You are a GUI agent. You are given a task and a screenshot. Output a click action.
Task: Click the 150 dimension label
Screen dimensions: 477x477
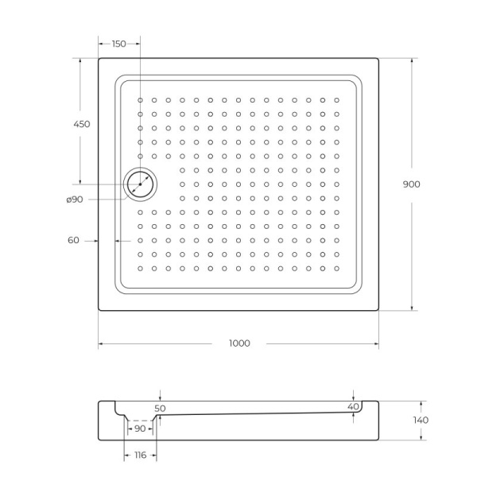(118, 44)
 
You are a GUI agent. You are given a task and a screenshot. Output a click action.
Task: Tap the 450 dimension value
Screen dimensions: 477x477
(81, 124)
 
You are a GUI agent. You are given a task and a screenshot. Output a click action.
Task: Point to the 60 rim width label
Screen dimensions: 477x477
(73, 240)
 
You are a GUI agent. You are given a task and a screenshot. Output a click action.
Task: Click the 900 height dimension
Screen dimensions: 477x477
(411, 184)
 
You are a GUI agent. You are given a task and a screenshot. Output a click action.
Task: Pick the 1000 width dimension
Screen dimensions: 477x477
(239, 343)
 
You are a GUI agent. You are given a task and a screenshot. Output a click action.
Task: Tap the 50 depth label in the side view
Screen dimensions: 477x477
(161, 408)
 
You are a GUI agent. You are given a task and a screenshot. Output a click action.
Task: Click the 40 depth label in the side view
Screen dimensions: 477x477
(354, 407)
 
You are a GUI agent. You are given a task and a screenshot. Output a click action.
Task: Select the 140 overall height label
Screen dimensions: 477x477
(421, 420)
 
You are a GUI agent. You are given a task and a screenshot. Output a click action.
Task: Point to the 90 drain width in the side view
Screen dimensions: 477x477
(140, 429)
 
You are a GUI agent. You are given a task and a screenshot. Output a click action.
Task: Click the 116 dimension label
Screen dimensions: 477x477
(140, 455)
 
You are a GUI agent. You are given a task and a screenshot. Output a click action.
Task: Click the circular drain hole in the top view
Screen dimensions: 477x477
(140, 184)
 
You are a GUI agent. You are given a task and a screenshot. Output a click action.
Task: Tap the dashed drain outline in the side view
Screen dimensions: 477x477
(140, 419)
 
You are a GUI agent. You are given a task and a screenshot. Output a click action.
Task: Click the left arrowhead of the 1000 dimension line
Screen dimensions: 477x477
(101, 344)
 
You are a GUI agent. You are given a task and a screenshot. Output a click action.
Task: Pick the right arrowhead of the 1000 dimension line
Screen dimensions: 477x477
(376, 344)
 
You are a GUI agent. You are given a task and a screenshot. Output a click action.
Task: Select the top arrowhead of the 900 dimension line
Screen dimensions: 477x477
(412, 60)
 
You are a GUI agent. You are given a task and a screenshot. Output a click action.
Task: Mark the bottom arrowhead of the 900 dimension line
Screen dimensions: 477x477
(412, 308)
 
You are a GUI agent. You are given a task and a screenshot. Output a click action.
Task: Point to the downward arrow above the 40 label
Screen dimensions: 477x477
(354, 397)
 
